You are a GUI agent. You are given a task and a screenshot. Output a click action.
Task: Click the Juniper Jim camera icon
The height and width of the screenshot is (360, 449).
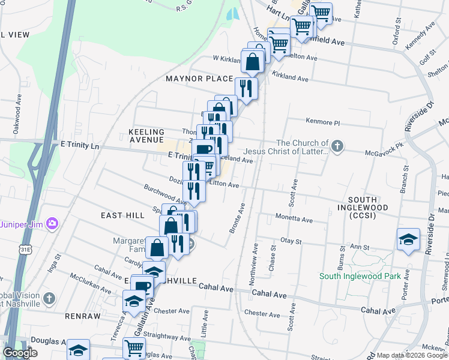pos(53,224)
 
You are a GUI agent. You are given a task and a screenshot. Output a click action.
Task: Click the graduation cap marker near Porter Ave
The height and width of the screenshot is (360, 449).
pos(408,239)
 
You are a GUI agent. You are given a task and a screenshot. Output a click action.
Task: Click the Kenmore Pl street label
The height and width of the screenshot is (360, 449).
pos(323,122)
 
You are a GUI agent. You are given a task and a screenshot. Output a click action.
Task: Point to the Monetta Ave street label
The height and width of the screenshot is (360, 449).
pos(294,220)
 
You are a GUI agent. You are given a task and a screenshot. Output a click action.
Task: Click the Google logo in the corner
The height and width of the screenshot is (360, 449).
pos(20,353)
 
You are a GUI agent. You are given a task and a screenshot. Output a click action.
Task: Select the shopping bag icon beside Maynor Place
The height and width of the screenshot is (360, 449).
pos(253,61)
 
